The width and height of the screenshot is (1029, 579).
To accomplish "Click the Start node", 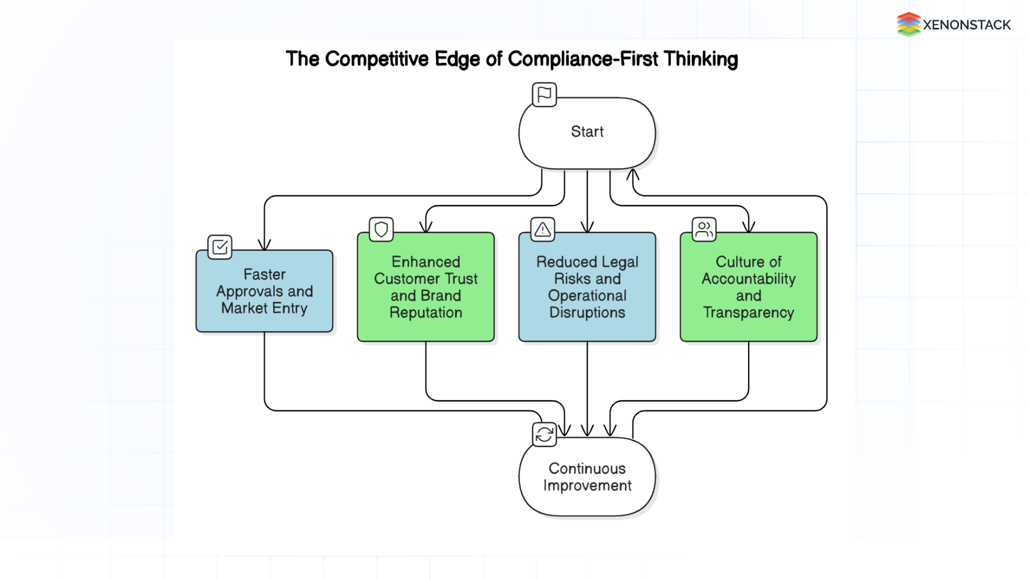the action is click(x=587, y=133).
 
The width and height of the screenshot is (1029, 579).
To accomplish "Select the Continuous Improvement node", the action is click(x=587, y=477).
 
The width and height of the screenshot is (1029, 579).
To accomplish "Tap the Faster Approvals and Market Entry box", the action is click(x=264, y=291).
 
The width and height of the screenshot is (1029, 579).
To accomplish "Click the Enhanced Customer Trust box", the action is click(x=426, y=287).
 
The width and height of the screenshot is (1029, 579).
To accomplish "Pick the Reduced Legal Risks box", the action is click(x=587, y=287).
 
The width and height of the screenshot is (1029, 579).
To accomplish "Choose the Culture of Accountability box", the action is click(x=748, y=287).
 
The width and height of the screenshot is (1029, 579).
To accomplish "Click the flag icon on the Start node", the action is click(x=544, y=95).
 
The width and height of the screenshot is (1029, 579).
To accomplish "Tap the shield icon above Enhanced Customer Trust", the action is click(x=381, y=229).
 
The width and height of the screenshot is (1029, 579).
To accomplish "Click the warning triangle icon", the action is click(x=542, y=229).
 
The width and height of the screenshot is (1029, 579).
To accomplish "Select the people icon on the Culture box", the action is click(x=704, y=229).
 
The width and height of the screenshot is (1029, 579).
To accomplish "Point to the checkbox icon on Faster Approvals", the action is click(x=220, y=247).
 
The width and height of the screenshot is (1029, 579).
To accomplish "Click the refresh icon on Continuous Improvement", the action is click(x=544, y=434).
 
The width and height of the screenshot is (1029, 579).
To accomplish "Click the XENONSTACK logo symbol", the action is click(x=908, y=25).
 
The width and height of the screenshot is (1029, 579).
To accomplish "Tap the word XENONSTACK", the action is click(x=966, y=25).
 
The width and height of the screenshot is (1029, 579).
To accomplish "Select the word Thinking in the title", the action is click(x=700, y=59).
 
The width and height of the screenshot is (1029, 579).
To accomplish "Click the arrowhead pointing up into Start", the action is click(x=633, y=174).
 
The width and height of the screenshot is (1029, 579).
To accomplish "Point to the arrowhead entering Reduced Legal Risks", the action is click(x=587, y=227).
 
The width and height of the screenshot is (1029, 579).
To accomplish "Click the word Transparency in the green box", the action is click(x=748, y=313).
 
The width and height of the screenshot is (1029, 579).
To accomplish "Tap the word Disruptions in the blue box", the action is click(x=587, y=313).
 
